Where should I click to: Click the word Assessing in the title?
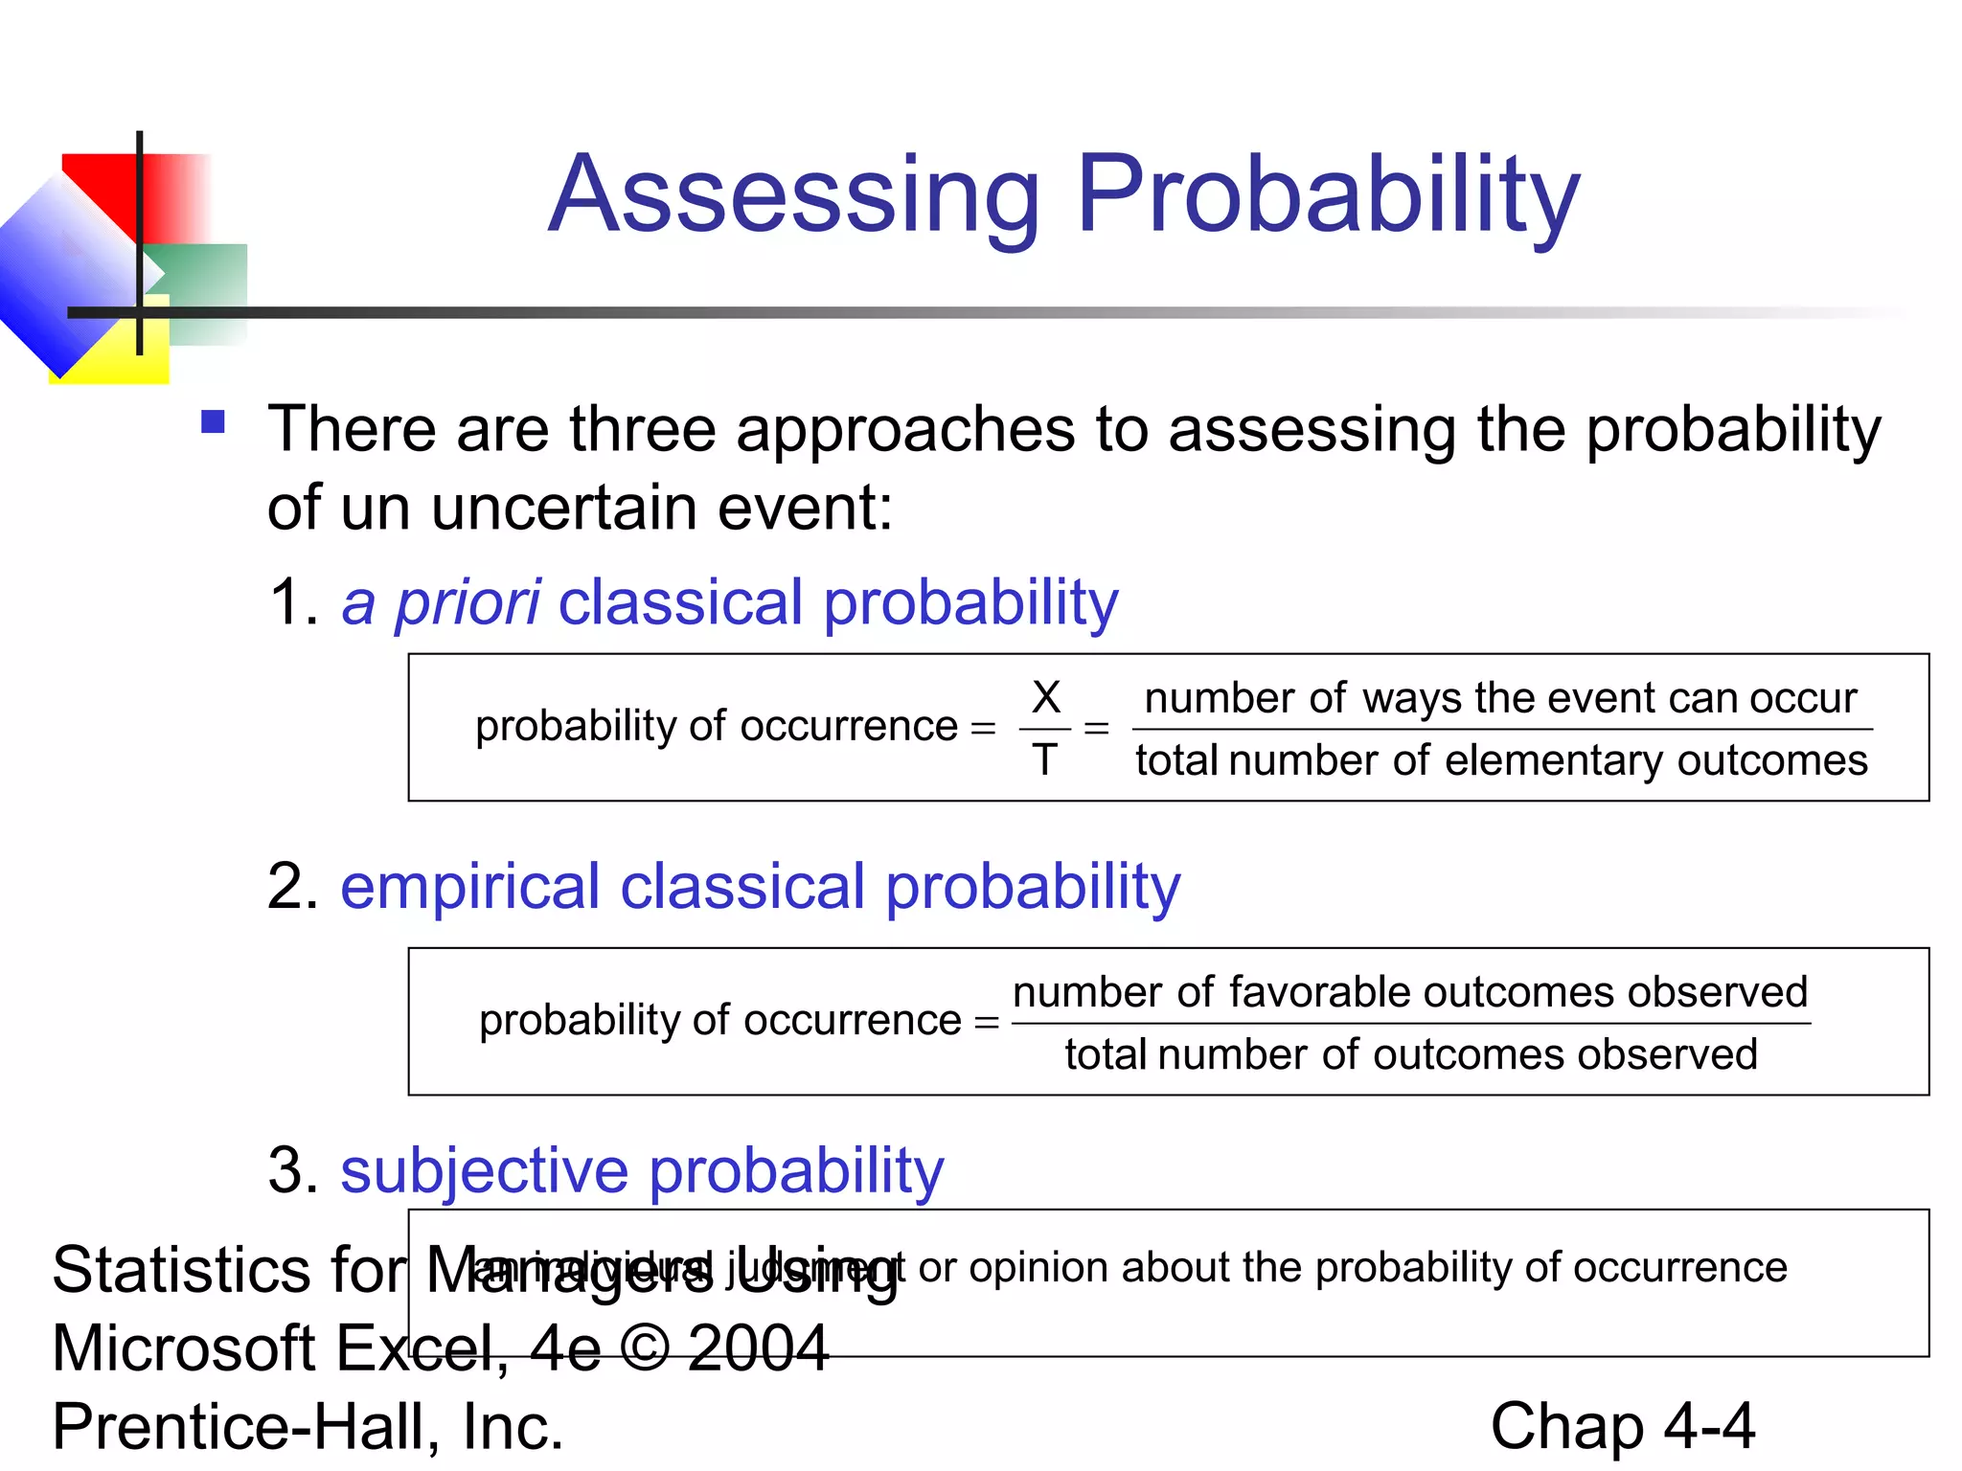pyautogui.click(x=793, y=196)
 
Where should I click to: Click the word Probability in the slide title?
pyautogui.click(x=1328, y=196)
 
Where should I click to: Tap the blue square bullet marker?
pyautogui.click(x=213, y=422)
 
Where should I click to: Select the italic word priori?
pyautogui.click(x=468, y=604)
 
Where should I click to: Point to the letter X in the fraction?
pyautogui.click(x=1046, y=697)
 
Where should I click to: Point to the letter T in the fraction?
pyautogui.click(x=1044, y=760)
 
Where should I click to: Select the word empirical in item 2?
pyautogui.click(x=469, y=887)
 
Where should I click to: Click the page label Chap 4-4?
pyautogui.click(x=1622, y=1427)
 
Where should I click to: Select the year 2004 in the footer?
pyautogui.click(x=757, y=1348)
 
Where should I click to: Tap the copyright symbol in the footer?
pyautogui.click(x=645, y=1348)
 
